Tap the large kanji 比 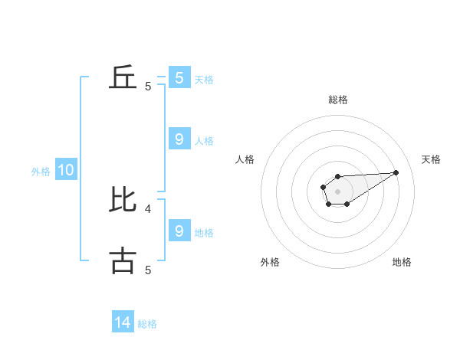[123, 199]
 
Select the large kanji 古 [123, 260]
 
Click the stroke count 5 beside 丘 [148, 87]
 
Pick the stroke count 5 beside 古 [148, 270]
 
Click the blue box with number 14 [123, 323]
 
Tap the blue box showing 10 [66, 171]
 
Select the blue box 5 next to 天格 [179, 78]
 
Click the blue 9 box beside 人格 [179, 139]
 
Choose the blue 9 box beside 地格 [179, 231]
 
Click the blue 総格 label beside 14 [147, 324]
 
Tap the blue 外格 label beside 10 [41, 172]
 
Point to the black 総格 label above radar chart [337, 100]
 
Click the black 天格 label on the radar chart [432, 159]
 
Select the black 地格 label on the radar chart [402, 262]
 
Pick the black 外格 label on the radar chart [270, 262]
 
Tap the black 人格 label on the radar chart [245, 159]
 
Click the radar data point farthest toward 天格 [396, 172]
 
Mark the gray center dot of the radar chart [337, 191]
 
